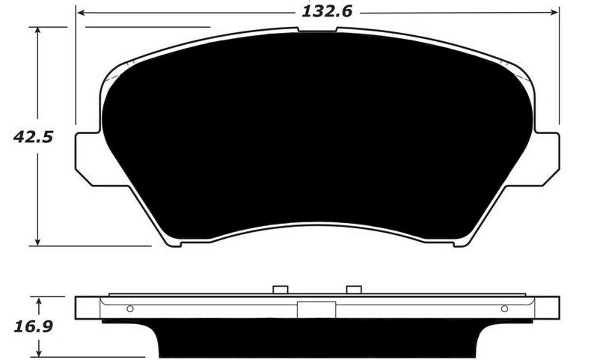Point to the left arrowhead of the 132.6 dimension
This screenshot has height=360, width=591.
[x=80, y=12]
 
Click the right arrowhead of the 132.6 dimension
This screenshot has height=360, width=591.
[x=555, y=12]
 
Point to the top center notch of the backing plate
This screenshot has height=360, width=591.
[x=317, y=29]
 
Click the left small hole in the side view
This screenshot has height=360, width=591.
[x=130, y=308]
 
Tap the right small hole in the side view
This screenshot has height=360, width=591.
[x=504, y=308]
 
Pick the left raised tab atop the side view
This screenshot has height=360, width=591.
[x=281, y=290]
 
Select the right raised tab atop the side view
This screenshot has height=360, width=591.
[x=354, y=290]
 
